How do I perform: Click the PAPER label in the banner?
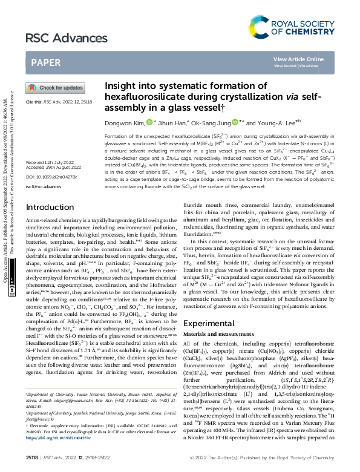coord(45,62)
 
